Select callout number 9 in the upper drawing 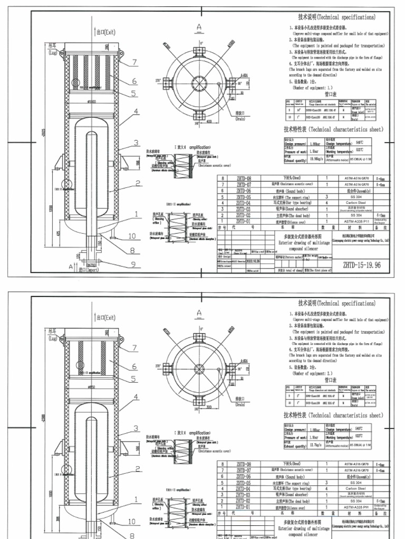click(133, 264)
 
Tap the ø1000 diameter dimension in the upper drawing click(93, 102)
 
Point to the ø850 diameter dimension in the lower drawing click(92, 387)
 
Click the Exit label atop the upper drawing click(105, 32)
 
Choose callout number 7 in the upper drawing click(134, 62)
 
